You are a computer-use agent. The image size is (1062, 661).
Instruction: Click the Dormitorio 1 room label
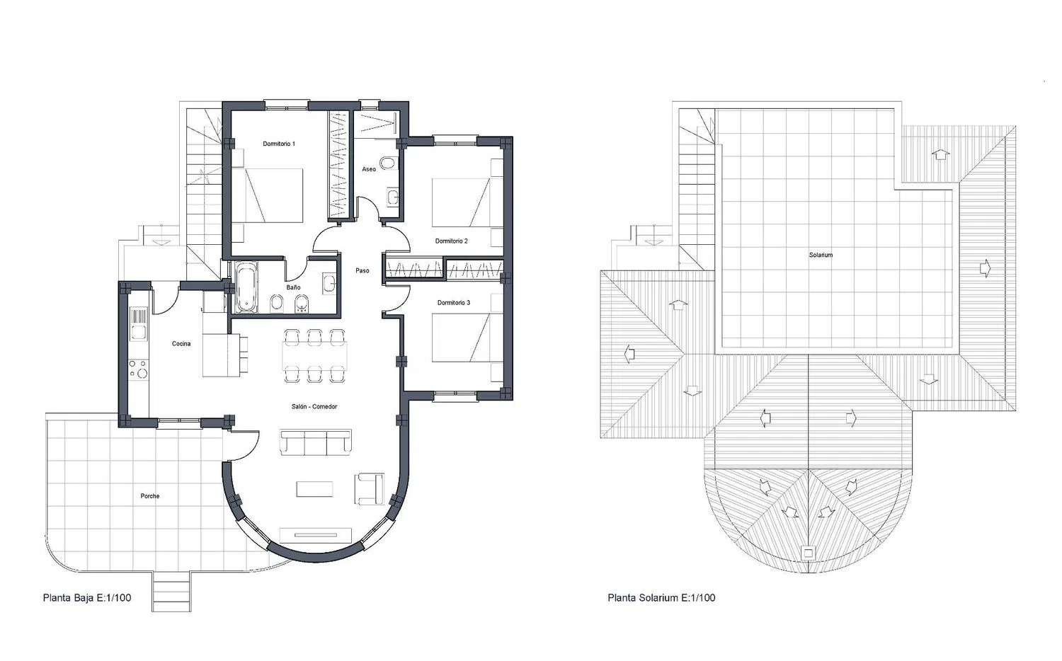(279, 144)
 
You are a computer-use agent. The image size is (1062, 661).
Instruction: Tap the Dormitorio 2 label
(452, 241)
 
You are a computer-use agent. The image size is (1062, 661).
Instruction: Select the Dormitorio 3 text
(454, 303)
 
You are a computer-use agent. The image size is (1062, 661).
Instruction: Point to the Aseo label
(369, 169)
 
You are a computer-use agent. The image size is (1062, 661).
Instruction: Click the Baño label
(293, 287)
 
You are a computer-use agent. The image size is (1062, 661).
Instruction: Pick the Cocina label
(181, 343)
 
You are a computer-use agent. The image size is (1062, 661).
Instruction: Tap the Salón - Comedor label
(314, 406)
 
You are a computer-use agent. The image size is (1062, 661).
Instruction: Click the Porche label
(150, 496)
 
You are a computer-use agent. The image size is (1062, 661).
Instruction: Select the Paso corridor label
(362, 270)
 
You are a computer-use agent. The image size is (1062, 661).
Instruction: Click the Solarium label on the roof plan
(821, 255)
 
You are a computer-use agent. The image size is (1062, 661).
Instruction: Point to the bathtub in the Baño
(246, 287)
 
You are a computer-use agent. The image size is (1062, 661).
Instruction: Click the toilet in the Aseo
(388, 163)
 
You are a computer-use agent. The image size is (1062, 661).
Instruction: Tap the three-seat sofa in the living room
(316, 442)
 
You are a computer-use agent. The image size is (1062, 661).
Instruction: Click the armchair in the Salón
(370, 489)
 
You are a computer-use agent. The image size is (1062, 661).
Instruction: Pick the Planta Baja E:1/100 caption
(87, 598)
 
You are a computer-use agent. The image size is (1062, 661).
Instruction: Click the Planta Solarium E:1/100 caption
(661, 598)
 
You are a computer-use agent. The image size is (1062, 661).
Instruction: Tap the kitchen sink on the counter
(139, 332)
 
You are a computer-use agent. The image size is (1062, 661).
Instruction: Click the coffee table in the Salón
(315, 490)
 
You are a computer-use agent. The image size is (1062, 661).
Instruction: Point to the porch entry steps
(171, 591)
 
